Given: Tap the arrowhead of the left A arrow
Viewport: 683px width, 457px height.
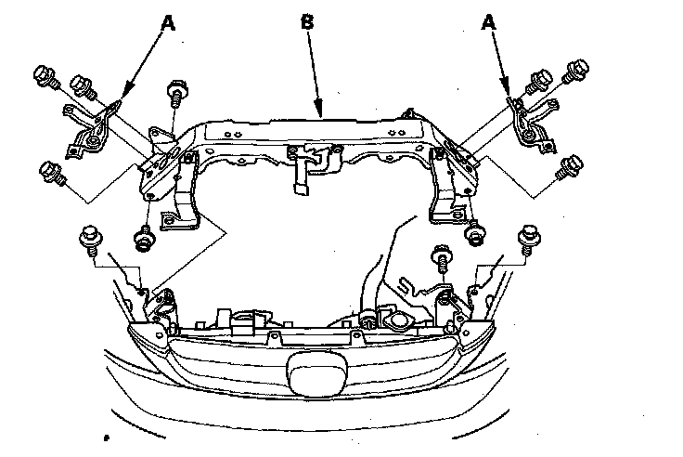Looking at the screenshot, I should [118, 99].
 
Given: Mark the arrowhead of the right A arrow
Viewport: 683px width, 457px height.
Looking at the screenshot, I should [507, 98].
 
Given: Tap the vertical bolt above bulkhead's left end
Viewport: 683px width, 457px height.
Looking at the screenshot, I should [174, 96].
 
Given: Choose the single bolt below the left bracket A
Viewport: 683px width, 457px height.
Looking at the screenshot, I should [52, 173].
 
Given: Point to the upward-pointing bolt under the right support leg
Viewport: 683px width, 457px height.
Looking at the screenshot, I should [474, 235].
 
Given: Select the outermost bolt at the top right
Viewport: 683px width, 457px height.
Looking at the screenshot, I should [577, 69].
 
